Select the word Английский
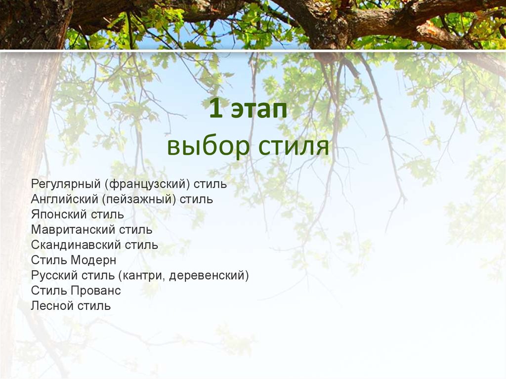tap(64, 200)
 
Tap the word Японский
tap(58, 214)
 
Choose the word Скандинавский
tap(76, 245)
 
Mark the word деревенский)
tap(209, 275)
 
